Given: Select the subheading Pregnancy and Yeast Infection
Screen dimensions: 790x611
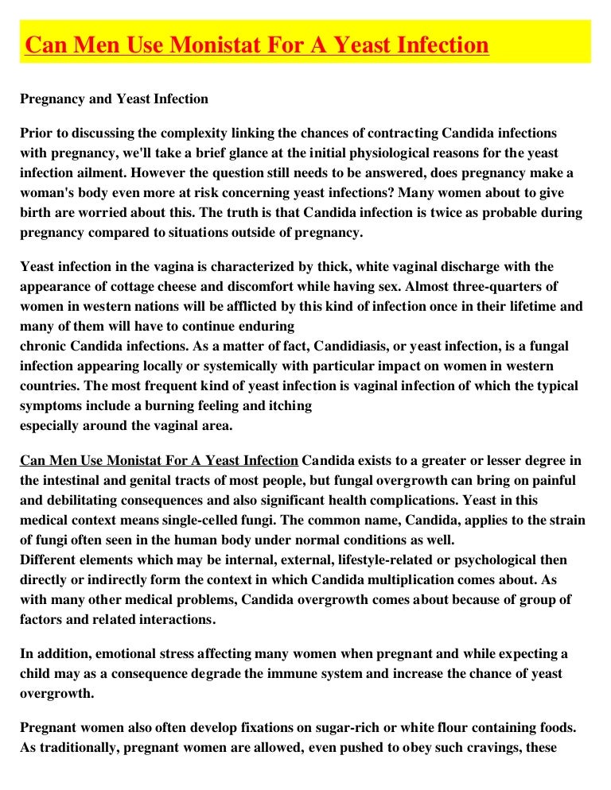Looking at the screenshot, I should pyautogui.click(x=114, y=99).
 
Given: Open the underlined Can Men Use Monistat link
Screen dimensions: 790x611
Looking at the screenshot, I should pyautogui.click(x=159, y=461).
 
